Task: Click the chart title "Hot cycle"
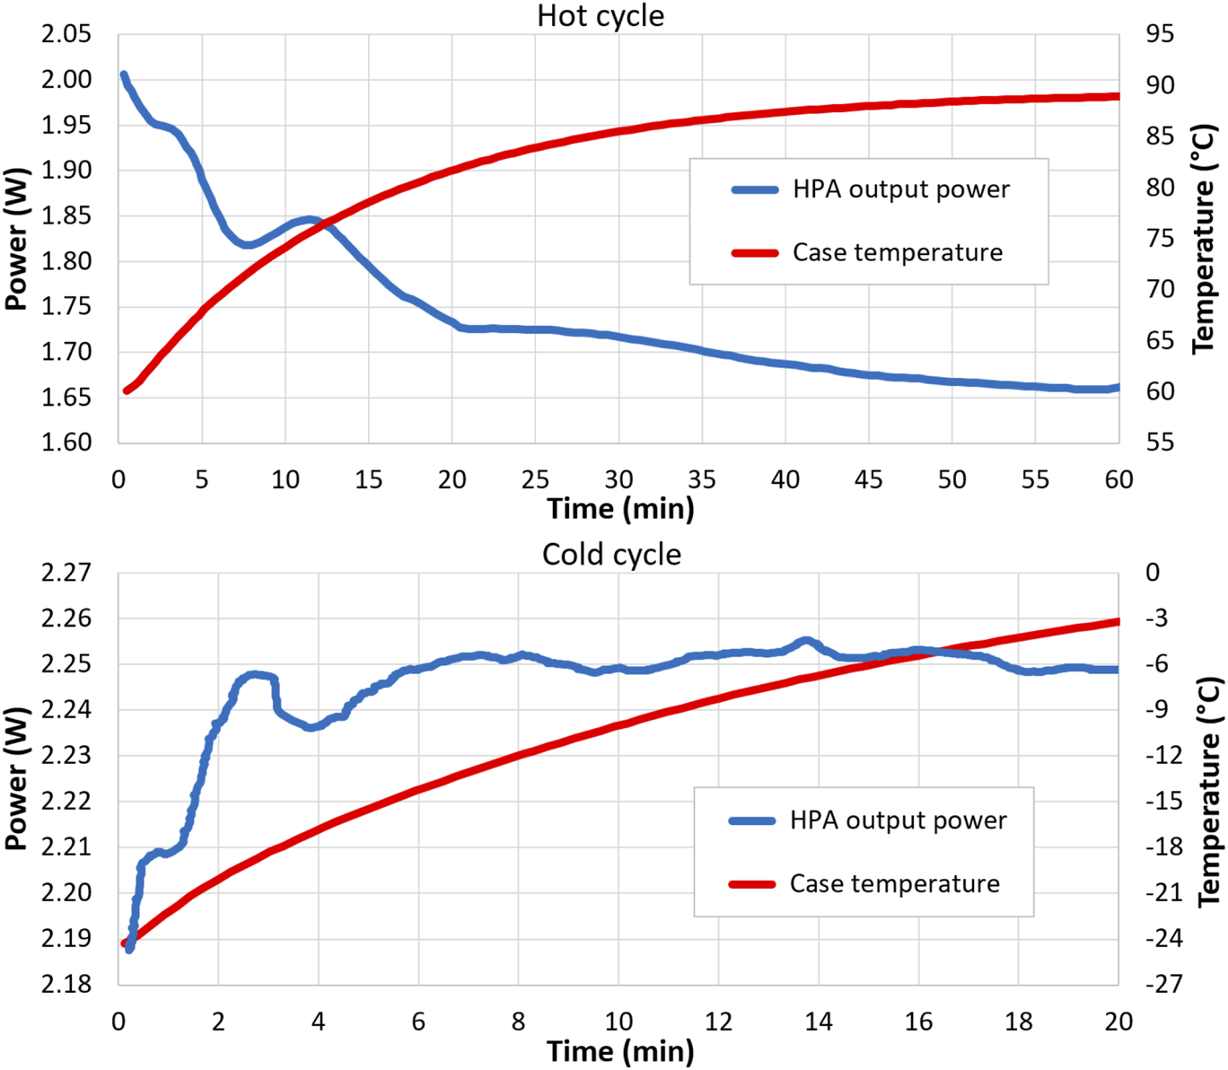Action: point(601,16)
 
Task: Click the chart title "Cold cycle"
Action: point(611,555)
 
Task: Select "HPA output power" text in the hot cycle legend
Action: point(900,189)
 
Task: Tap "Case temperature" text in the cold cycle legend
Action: point(894,884)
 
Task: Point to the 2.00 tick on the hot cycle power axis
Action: point(66,80)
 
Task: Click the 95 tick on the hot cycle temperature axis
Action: point(1159,34)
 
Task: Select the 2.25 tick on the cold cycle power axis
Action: point(66,664)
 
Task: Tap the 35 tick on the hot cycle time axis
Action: point(702,480)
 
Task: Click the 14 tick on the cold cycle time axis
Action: point(818,1022)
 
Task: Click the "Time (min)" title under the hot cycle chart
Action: point(620,509)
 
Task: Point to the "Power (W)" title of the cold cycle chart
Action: point(15,778)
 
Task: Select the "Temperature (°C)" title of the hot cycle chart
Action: point(1204,239)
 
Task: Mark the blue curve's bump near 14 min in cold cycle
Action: point(806,641)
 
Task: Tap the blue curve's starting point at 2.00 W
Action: point(124,75)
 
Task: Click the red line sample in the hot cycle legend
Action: point(754,253)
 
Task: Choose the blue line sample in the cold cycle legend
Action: point(751,820)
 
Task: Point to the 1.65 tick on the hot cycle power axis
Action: point(66,397)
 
